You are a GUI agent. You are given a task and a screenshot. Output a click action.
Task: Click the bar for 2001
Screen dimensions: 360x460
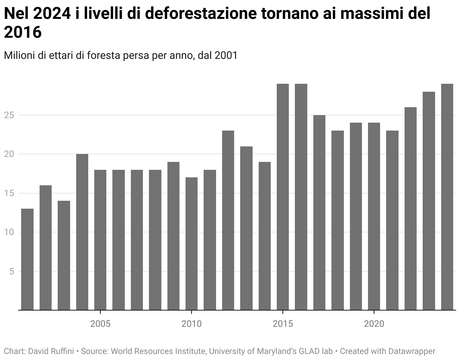(x=27, y=259)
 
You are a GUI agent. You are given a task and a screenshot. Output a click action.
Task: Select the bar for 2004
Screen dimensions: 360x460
(x=82, y=232)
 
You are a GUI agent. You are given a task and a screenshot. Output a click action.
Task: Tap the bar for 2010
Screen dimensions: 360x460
(x=192, y=243)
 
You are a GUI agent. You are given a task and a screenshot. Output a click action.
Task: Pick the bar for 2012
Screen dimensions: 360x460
(x=228, y=220)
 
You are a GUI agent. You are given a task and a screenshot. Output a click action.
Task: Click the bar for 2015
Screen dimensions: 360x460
(x=283, y=197)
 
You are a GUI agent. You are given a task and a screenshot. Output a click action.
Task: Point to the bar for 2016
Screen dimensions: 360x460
(x=301, y=197)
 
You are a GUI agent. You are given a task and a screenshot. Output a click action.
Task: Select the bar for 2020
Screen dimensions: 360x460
(x=374, y=216)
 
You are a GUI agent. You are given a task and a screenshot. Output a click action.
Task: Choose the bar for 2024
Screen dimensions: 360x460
(x=447, y=197)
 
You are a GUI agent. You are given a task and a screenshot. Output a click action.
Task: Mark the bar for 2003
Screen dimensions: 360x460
(x=64, y=255)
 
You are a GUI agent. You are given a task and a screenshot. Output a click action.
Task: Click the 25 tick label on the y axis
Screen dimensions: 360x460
(x=10, y=115)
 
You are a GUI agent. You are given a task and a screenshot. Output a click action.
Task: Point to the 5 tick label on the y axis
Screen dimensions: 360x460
(x=12, y=271)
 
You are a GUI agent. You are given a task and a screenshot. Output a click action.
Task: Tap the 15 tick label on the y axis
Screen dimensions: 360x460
(x=10, y=193)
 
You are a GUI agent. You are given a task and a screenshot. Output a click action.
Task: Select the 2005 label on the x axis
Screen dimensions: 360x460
(x=100, y=324)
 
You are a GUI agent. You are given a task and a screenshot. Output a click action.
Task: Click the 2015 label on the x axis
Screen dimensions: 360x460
(x=283, y=324)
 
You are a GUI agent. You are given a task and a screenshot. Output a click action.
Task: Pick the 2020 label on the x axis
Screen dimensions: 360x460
(x=374, y=324)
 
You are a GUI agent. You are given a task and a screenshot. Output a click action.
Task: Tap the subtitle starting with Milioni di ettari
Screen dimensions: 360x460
(x=121, y=55)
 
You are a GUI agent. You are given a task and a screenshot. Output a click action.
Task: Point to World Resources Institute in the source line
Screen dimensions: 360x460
(x=158, y=351)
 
